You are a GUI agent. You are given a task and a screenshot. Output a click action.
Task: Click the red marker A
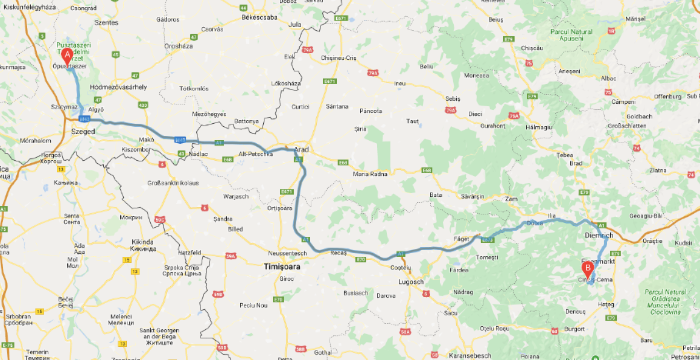(x=67, y=55)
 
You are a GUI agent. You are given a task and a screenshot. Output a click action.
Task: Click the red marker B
(x=588, y=269)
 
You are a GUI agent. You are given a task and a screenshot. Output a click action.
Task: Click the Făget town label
(x=462, y=239)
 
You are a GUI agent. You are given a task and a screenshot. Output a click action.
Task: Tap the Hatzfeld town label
(x=188, y=252)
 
